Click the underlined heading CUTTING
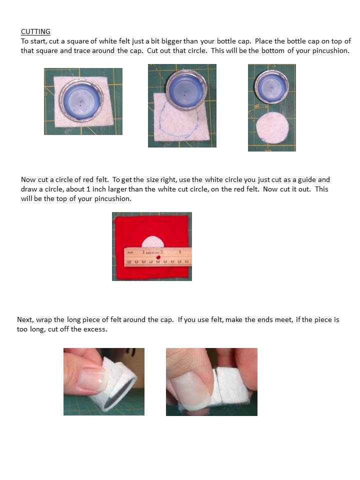tap(35, 31)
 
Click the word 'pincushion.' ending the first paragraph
tap(331, 50)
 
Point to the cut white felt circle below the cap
tap(272, 128)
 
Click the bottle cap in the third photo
tap(271, 85)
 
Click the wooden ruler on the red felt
tap(157, 256)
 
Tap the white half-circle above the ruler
tap(152, 242)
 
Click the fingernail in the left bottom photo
tap(92, 378)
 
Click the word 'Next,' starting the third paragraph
tap(26, 319)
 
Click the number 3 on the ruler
tap(179, 251)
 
